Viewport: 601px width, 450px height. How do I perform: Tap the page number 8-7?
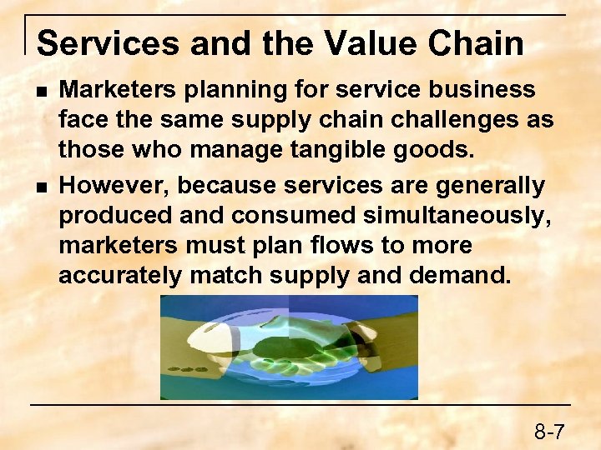(550, 432)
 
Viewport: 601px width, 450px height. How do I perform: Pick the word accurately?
(119, 277)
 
